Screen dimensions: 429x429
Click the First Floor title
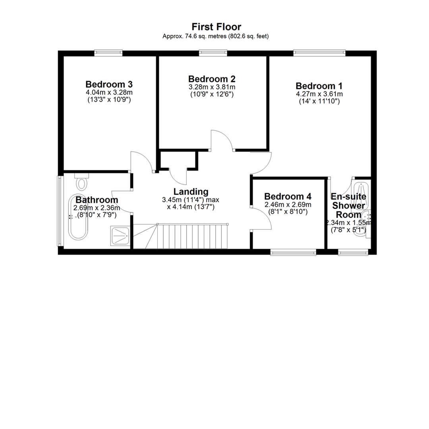(x=216, y=27)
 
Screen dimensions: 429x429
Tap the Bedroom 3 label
(x=109, y=84)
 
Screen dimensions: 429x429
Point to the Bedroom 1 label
(x=319, y=86)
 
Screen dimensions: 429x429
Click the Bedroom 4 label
(x=288, y=196)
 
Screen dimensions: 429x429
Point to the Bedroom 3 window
(x=108, y=51)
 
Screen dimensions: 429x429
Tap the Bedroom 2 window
(x=213, y=51)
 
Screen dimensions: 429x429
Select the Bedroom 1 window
(x=319, y=51)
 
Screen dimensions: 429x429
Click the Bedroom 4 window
(x=293, y=251)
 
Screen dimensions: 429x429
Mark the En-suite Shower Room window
(x=352, y=251)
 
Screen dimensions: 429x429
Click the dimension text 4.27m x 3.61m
(x=319, y=94)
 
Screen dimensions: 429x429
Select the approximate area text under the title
(x=216, y=36)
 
